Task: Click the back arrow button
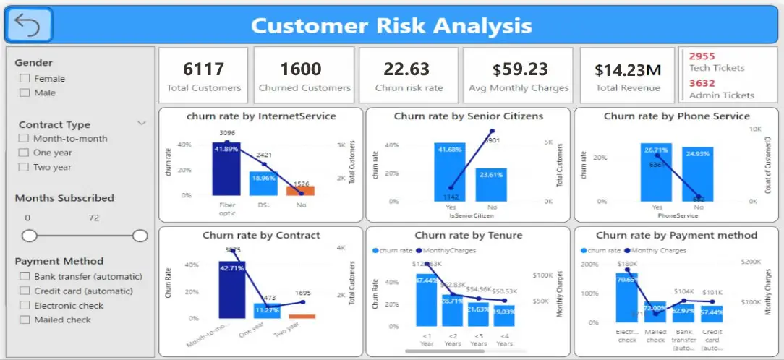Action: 28,25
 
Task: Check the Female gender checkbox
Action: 25,79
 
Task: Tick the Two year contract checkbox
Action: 25,167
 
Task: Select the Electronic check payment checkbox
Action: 25,306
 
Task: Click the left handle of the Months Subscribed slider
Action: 29,236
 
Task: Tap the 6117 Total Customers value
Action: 203,69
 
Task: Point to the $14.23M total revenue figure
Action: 628,69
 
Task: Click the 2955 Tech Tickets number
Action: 701,56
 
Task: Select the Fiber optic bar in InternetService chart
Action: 226,169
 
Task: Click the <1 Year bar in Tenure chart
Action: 426,300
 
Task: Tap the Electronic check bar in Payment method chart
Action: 626,297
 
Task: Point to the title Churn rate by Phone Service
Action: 676,116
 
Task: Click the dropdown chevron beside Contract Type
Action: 142,124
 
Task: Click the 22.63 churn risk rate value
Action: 406,69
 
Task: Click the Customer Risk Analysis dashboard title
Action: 391,26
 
